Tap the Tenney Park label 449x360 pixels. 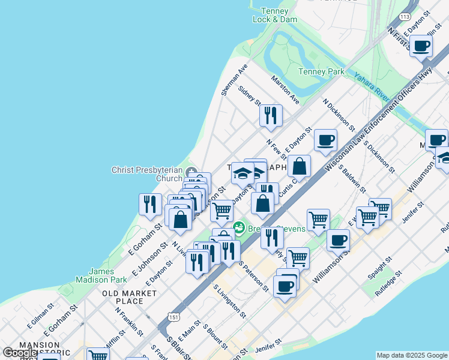322,72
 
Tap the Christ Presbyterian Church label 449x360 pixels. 146,174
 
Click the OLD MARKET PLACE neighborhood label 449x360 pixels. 129,297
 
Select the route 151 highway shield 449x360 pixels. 173,317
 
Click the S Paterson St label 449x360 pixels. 253,276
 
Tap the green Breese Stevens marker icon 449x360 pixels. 240,228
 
